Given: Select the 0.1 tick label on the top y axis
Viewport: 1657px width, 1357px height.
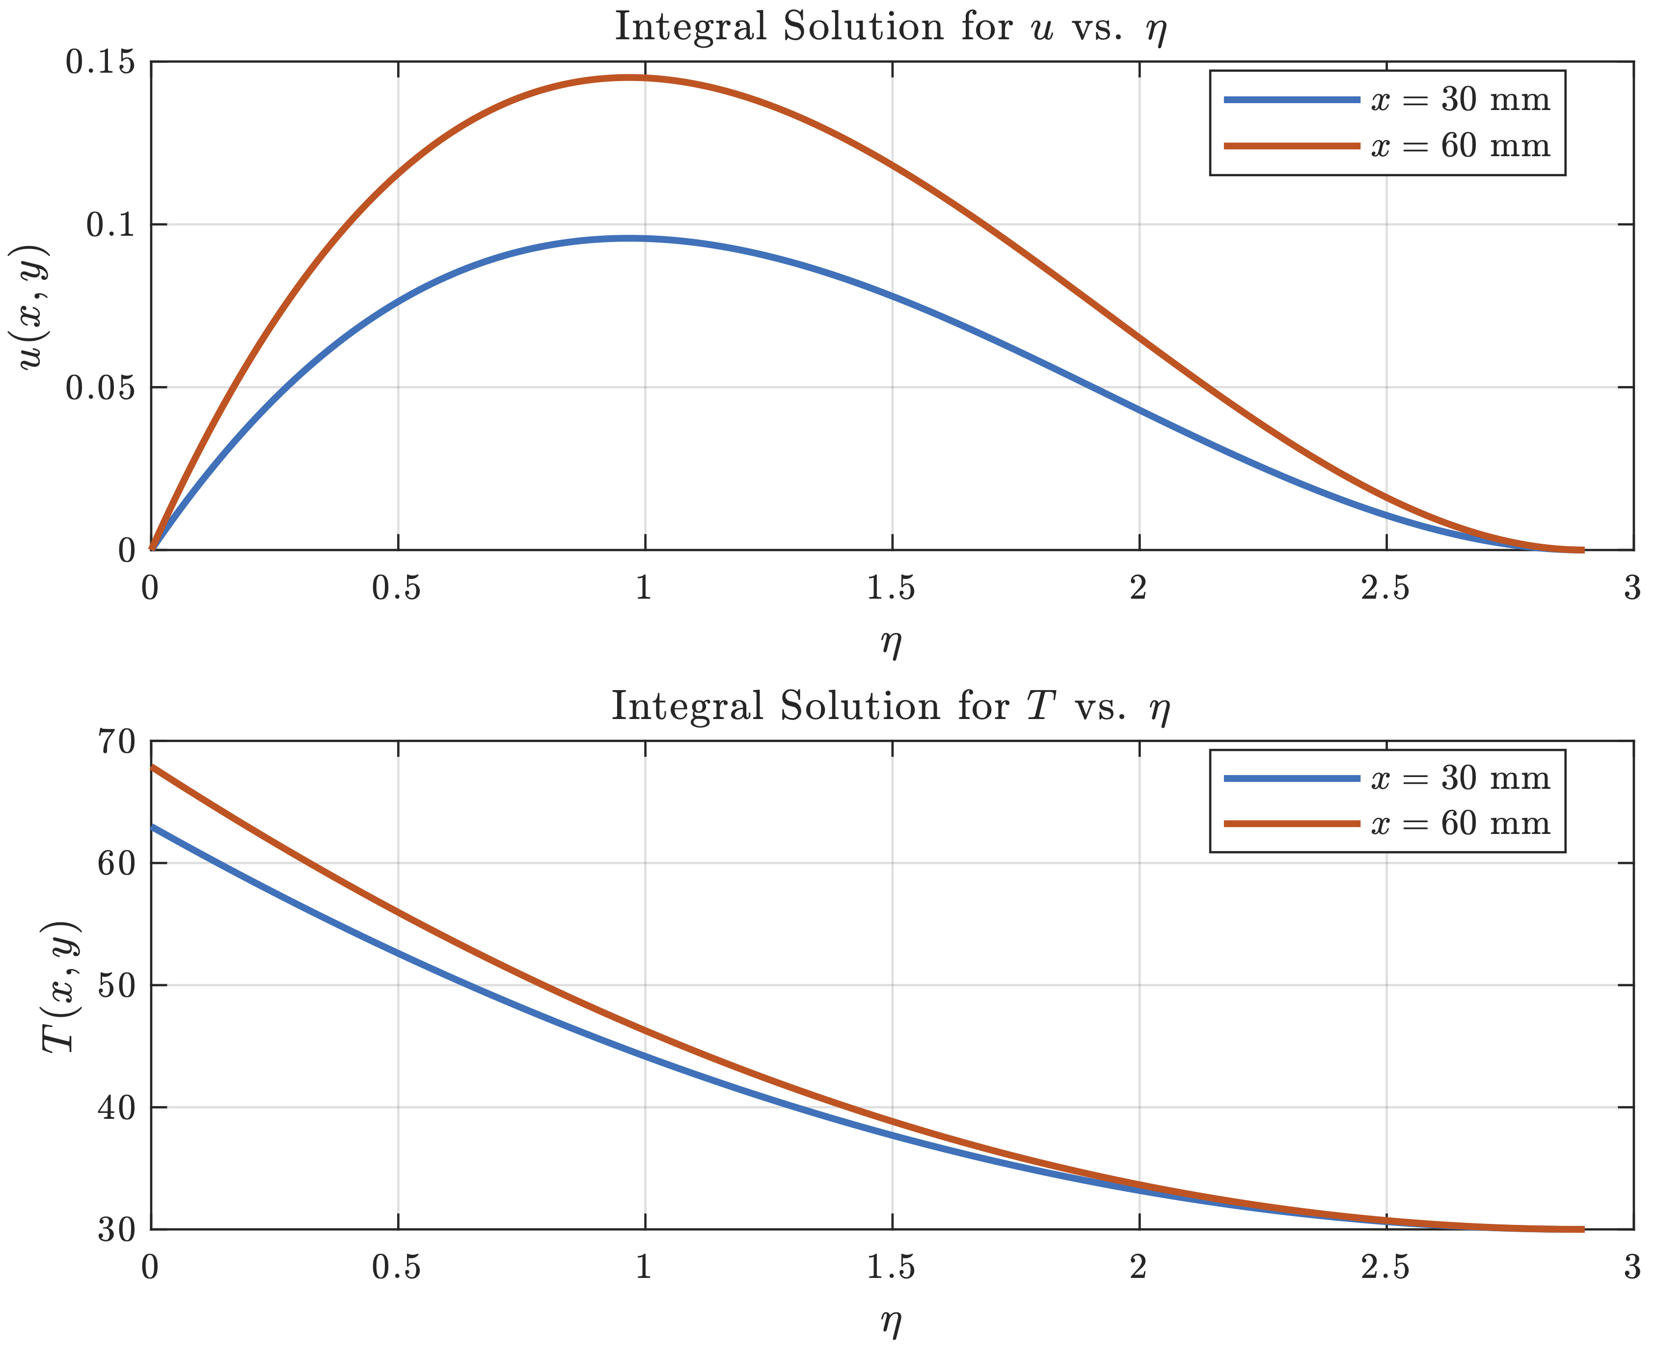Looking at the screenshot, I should [x=109, y=225].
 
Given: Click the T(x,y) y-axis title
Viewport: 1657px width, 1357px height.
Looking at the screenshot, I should [x=61, y=987].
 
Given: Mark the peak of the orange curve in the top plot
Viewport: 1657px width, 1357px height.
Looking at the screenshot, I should [x=629, y=78].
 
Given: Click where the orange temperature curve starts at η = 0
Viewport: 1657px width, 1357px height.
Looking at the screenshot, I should [x=152, y=766].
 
